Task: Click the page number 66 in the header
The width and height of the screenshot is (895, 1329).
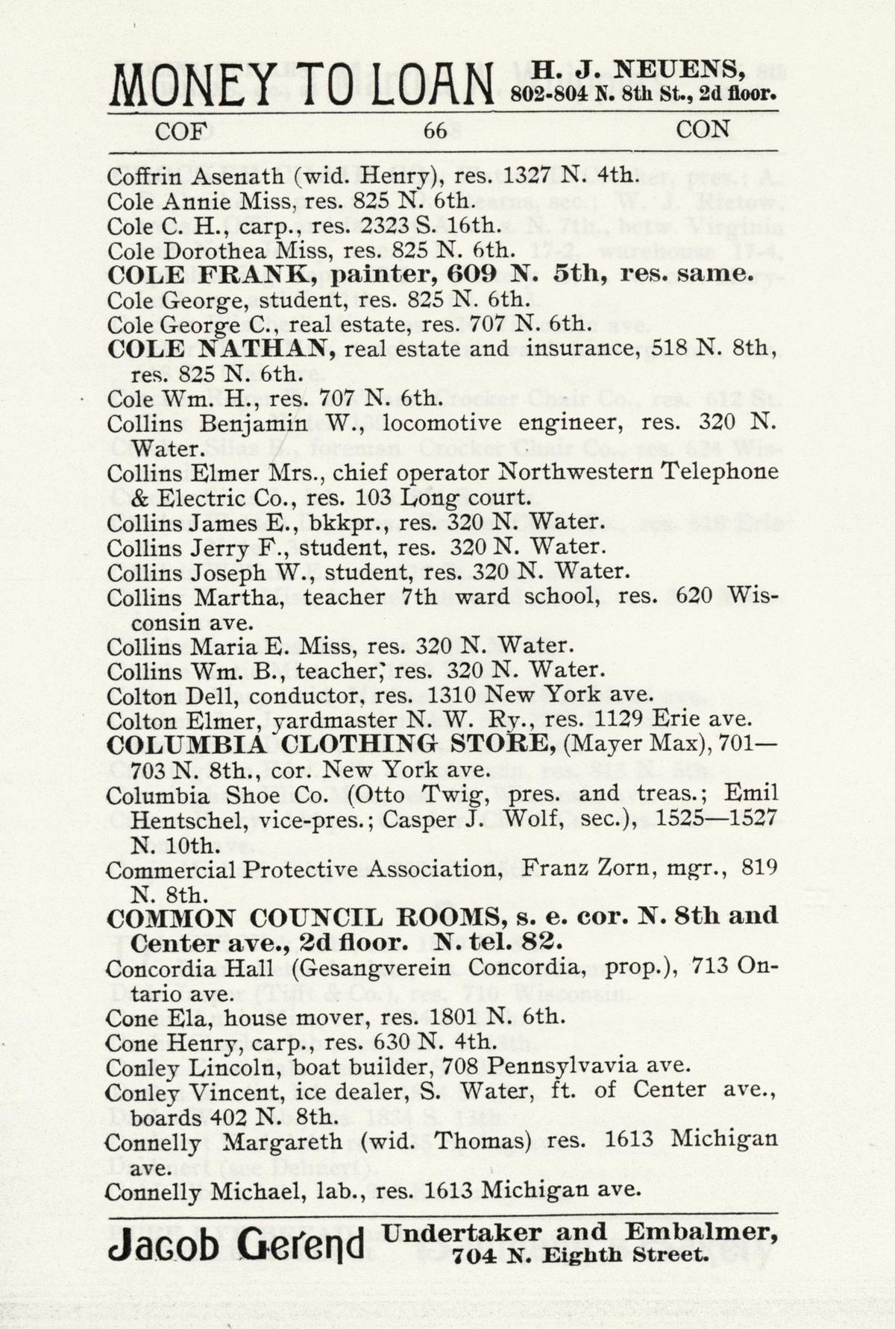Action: tap(435, 131)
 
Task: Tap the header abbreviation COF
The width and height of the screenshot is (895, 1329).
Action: tap(180, 131)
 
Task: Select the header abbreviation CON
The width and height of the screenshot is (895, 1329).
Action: tap(703, 130)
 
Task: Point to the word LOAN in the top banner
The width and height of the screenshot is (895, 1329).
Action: tap(422, 86)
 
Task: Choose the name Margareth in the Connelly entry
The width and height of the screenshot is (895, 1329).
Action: tap(283, 1141)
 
